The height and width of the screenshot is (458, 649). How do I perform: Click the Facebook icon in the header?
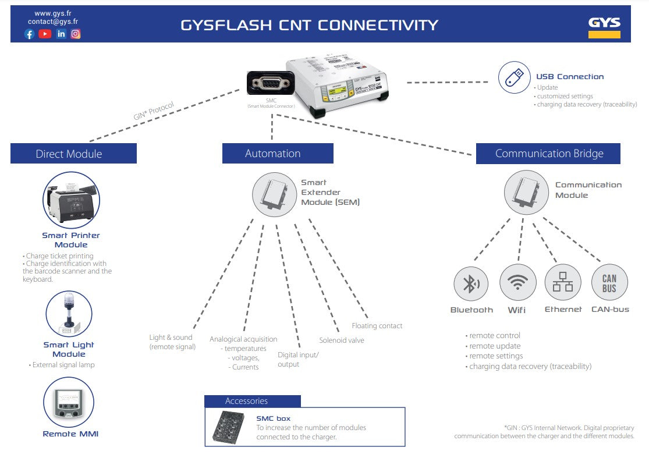(29, 34)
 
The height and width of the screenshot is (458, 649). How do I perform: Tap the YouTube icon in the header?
(45, 34)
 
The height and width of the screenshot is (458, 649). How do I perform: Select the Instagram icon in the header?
(76, 34)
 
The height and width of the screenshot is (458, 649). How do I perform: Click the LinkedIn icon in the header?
(61, 34)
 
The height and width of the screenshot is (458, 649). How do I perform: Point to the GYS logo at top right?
(604, 27)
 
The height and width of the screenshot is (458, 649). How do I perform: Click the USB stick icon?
(514, 77)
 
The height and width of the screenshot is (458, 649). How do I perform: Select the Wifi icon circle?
(517, 283)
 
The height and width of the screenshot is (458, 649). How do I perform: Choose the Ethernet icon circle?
(563, 283)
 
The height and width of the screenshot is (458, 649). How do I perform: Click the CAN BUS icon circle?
(609, 283)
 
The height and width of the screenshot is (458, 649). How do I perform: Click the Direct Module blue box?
(73, 154)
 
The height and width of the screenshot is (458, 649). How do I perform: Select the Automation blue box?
(278, 154)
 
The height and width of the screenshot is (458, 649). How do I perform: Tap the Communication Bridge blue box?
(548, 154)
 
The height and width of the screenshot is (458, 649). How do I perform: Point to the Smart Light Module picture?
(69, 314)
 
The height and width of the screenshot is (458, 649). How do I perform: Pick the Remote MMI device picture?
(68, 402)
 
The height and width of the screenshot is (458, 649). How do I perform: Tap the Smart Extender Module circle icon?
(274, 194)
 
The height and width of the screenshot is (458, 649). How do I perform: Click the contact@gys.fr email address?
(53, 22)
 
